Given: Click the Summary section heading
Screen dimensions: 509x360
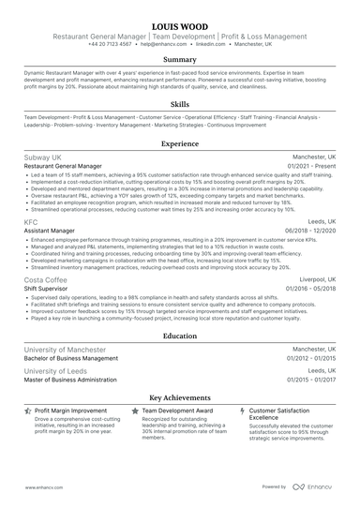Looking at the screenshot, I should point(180,59).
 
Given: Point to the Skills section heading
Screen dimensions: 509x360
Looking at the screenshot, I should point(180,104).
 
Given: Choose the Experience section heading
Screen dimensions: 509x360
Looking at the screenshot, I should point(180,144).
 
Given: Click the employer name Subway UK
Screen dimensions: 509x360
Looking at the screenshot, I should point(43,157).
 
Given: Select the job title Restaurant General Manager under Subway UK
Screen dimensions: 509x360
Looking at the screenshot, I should point(62,165).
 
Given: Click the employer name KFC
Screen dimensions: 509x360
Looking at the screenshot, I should point(31,222).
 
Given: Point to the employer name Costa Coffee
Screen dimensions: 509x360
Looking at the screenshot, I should point(47,280).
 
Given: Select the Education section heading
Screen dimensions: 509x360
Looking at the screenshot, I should point(180,335).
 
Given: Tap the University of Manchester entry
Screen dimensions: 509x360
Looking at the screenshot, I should point(66,349).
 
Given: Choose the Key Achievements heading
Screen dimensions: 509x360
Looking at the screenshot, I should point(180,397).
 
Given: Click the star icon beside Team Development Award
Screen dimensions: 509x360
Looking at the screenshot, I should point(135,411).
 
